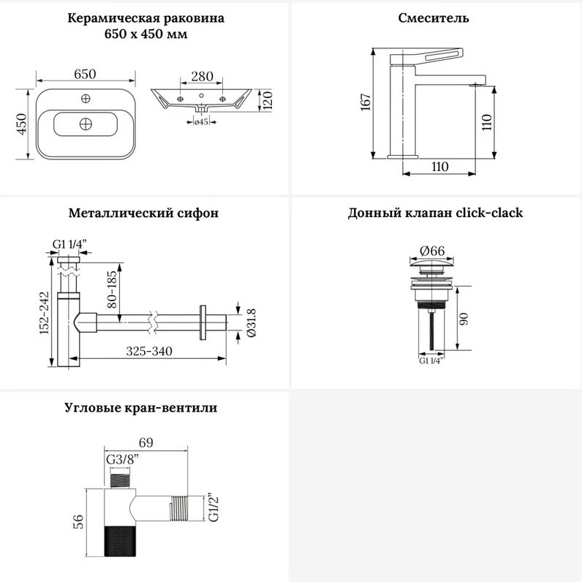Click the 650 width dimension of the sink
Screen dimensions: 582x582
point(85,74)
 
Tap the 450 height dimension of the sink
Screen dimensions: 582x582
point(22,124)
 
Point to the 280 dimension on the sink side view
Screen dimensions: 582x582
point(202,77)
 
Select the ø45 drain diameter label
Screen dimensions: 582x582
point(201,122)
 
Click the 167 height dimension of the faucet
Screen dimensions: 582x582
point(366,102)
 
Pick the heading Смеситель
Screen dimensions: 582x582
point(434,18)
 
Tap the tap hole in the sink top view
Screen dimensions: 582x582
point(86,99)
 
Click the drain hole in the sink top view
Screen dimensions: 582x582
point(86,124)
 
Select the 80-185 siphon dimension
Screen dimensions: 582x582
point(112,290)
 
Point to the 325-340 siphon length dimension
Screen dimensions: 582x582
point(149,351)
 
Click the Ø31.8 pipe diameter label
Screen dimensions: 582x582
point(252,322)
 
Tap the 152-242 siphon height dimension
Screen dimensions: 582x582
point(44,312)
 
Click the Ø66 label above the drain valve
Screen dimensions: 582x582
point(432,251)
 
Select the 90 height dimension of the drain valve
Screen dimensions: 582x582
point(464,319)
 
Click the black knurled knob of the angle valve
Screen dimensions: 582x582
point(118,541)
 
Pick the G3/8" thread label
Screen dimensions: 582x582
point(123,459)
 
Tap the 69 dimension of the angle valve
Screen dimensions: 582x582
point(146,442)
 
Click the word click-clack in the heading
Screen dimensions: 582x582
point(489,213)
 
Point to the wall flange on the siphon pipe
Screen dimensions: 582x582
point(203,322)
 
